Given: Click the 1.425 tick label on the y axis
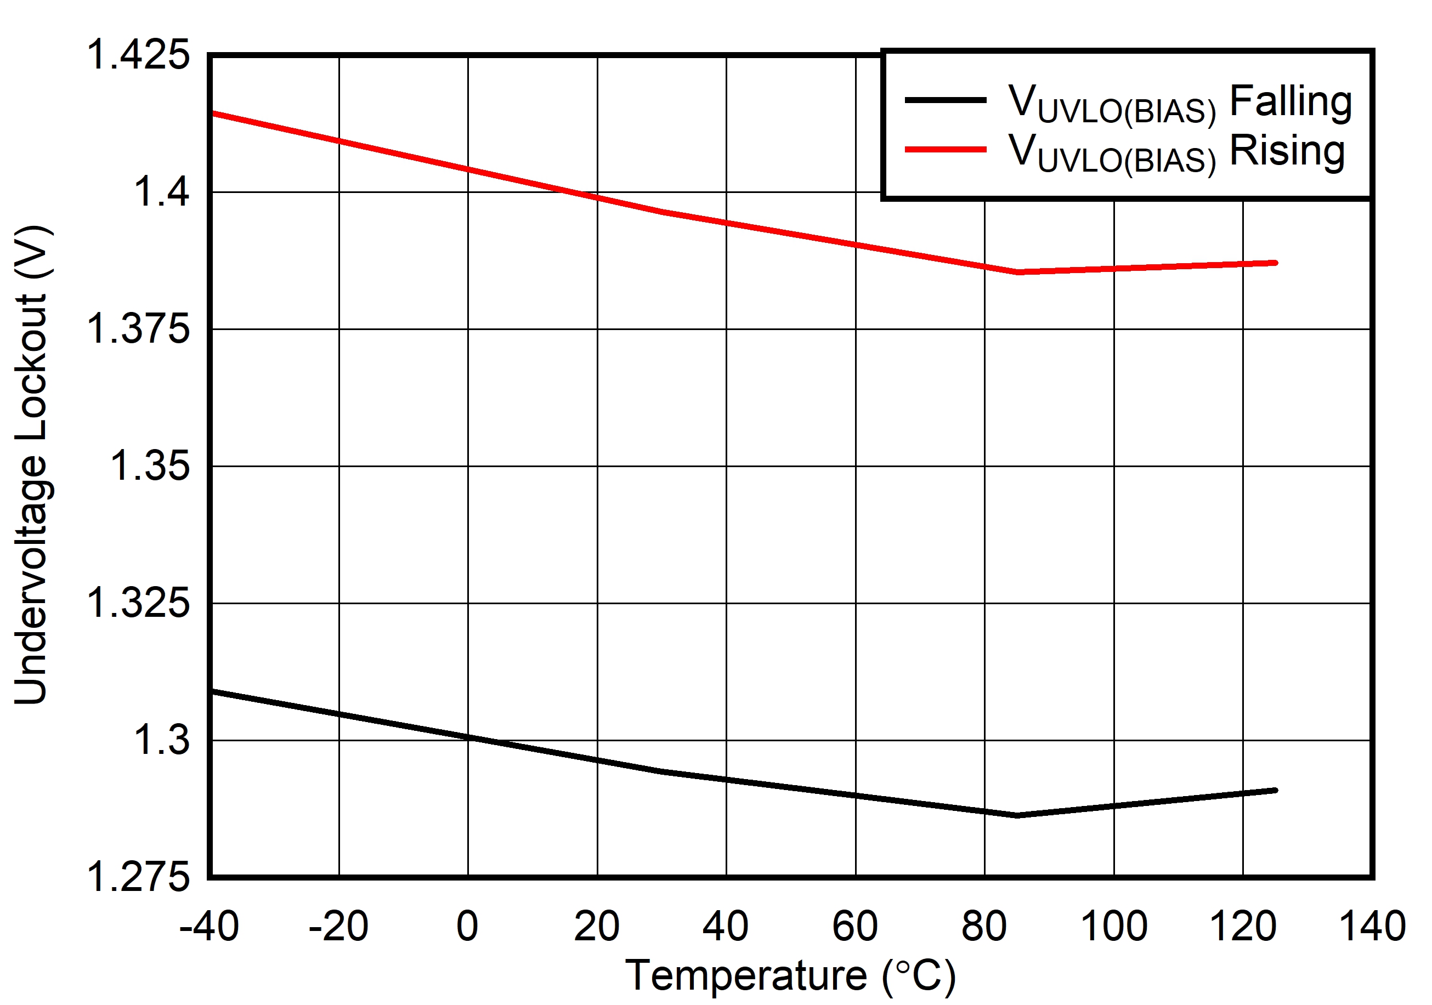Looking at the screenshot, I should pyautogui.click(x=138, y=55).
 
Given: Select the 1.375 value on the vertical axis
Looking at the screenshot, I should pyautogui.click(x=138, y=328).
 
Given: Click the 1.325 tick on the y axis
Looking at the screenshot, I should pyautogui.click(x=138, y=603).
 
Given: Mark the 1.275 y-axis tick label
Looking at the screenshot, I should pyautogui.click(x=138, y=877).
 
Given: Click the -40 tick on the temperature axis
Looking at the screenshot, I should pyautogui.click(x=209, y=926).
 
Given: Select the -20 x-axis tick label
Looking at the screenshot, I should pyautogui.click(x=338, y=926).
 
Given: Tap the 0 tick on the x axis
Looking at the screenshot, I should pyautogui.click(x=467, y=926).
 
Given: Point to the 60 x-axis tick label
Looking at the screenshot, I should pyautogui.click(x=855, y=926).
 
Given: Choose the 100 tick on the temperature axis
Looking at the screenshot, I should pyautogui.click(x=1113, y=926).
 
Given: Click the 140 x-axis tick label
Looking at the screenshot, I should pyautogui.click(x=1372, y=926).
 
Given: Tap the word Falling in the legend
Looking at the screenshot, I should pyautogui.click(x=1291, y=101).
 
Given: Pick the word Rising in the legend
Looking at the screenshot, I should pyautogui.click(x=1287, y=151).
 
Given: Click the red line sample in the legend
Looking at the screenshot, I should pyautogui.click(x=946, y=150).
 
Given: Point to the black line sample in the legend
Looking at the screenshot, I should pyautogui.click(x=946, y=100).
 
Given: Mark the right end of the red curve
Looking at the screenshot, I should pyautogui.click(x=1276, y=263).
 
